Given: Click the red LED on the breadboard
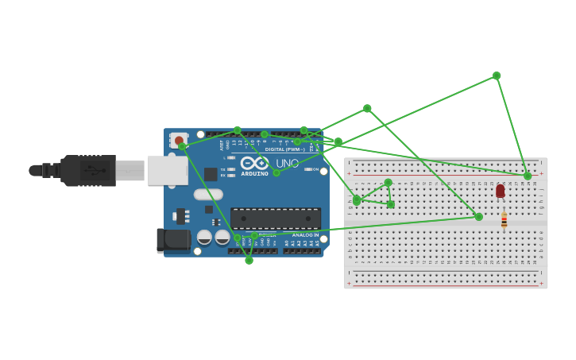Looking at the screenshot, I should point(500,191).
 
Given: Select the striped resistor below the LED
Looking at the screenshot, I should point(504,219).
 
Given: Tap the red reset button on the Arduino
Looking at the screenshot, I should point(178,141).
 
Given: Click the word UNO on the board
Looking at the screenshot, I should point(288,164).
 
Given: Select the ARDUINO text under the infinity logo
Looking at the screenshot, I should point(254,173).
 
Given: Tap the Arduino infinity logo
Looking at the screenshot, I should point(254,162).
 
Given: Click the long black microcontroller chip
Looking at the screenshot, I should point(276,219).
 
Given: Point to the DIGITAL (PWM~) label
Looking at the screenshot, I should point(284,149).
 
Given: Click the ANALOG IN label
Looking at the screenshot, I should point(304,235).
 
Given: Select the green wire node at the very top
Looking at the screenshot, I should point(497,75).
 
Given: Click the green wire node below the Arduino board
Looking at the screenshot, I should point(249,261).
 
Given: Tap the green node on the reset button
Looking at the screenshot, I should point(182,146).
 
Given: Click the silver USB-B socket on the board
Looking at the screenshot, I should point(167,170).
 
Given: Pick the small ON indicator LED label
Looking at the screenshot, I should point(315,169).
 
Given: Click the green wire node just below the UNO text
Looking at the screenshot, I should point(276,172).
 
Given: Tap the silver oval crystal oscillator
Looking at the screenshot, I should point(208,194).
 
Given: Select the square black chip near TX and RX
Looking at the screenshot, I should point(211,174).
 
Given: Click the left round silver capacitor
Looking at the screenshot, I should point(204,237).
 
